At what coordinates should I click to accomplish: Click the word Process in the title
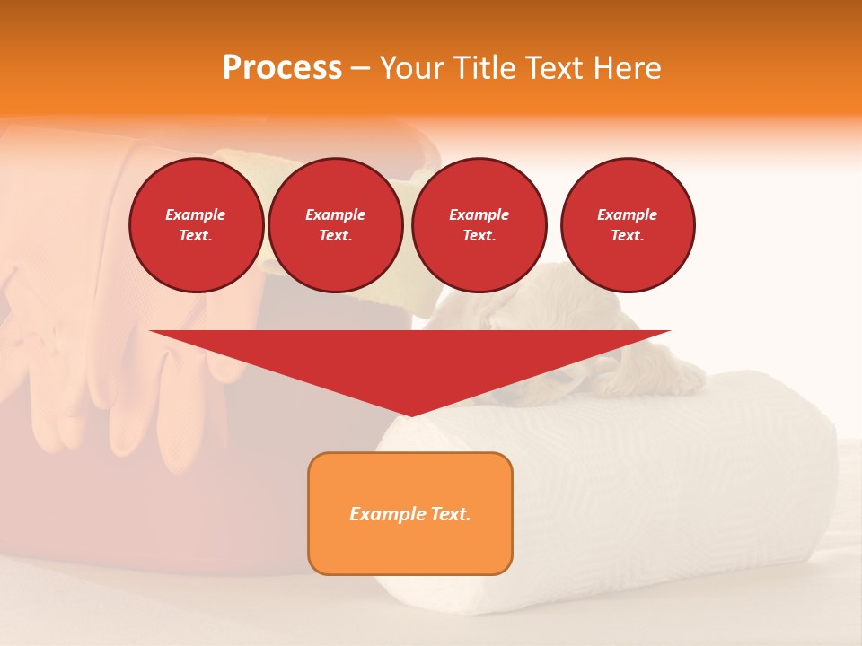[x=282, y=68]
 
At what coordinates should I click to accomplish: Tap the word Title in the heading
[x=482, y=68]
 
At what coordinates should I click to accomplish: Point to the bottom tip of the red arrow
[x=410, y=415]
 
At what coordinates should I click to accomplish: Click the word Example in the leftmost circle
[x=196, y=214]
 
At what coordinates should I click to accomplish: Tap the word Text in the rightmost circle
[x=627, y=235]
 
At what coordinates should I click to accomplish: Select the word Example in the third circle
[x=479, y=214]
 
